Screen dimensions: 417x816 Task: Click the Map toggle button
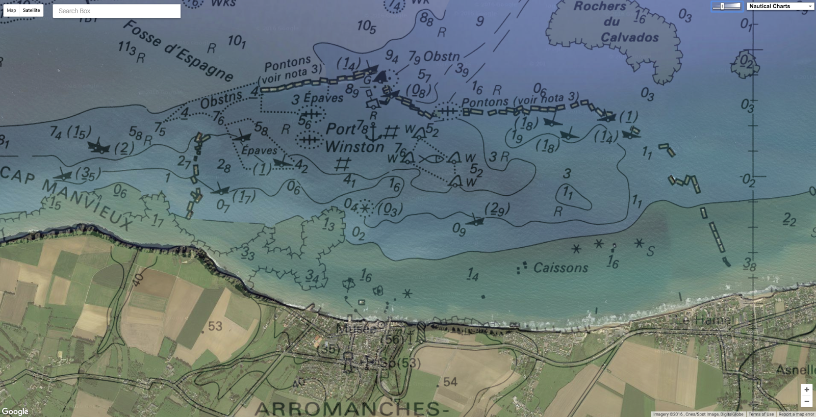tap(11, 10)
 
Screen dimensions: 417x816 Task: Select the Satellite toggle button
tap(31, 10)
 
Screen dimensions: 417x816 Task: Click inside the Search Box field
tap(117, 11)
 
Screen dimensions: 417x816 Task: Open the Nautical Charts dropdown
tap(780, 6)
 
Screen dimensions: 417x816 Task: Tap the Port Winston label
tap(354, 138)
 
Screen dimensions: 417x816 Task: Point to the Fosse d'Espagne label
tap(178, 50)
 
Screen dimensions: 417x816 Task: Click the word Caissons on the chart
tap(560, 268)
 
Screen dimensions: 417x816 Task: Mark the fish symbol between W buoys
tap(431, 159)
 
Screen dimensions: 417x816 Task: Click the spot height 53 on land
tap(215, 326)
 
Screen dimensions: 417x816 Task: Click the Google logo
tap(15, 411)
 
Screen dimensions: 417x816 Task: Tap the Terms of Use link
tap(761, 414)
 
